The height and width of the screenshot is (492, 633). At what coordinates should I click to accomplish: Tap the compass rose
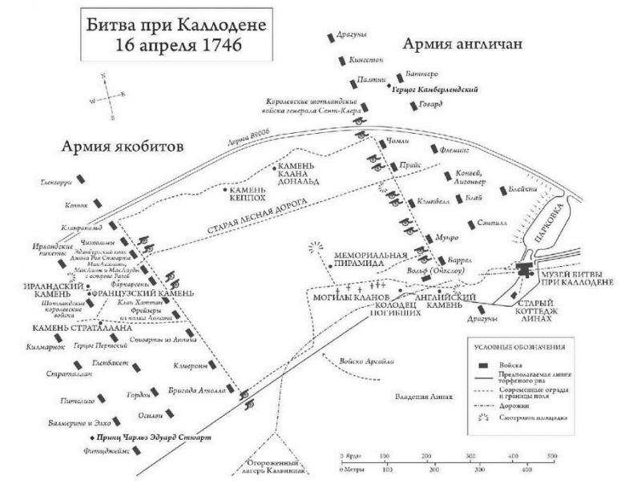(x=107, y=96)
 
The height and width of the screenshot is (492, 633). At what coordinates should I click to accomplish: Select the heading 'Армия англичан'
(x=462, y=43)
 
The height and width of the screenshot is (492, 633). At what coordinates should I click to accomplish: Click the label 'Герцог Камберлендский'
(x=437, y=90)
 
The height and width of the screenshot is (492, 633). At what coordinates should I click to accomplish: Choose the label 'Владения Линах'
(x=423, y=397)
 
